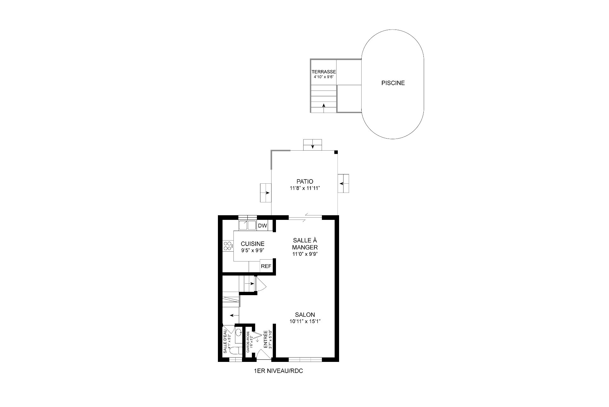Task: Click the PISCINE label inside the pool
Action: point(393,83)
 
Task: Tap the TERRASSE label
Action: point(324,72)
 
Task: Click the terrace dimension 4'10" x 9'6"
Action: point(324,77)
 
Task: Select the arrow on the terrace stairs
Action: point(324,108)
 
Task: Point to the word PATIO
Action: point(305,181)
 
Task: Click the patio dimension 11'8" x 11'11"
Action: point(305,188)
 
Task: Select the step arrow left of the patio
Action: point(266,193)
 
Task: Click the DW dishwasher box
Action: point(262,226)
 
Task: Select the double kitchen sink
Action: point(247,225)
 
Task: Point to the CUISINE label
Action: point(252,244)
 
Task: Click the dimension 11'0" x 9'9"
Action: point(305,254)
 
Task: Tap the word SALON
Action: point(305,315)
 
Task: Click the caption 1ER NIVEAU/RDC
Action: point(278,371)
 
